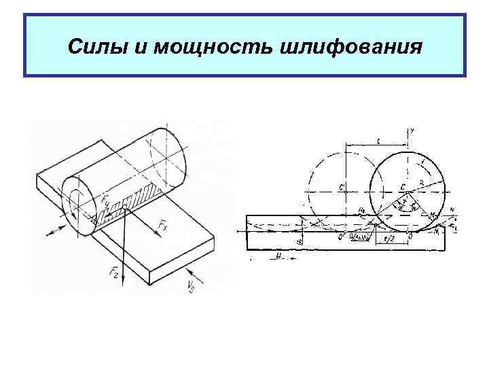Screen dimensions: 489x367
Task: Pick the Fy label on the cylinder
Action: pyautogui.click(x=106, y=203)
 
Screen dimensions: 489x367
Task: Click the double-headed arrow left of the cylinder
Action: pyautogui.click(x=58, y=227)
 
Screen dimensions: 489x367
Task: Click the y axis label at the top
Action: pyautogui.click(x=413, y=128)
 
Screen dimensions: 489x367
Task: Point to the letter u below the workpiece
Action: pyautogui.click(x=278, y=256)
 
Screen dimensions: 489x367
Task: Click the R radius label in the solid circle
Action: pyautogui.click(x=421, y=183)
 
